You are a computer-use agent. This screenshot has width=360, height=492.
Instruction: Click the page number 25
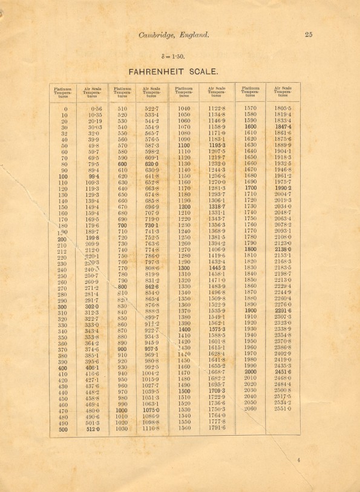(309, 34)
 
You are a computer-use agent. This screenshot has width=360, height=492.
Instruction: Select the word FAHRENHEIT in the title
(162, 71)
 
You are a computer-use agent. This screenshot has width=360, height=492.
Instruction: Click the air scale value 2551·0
(282, 409)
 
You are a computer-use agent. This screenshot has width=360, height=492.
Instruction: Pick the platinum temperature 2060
(249, 409)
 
